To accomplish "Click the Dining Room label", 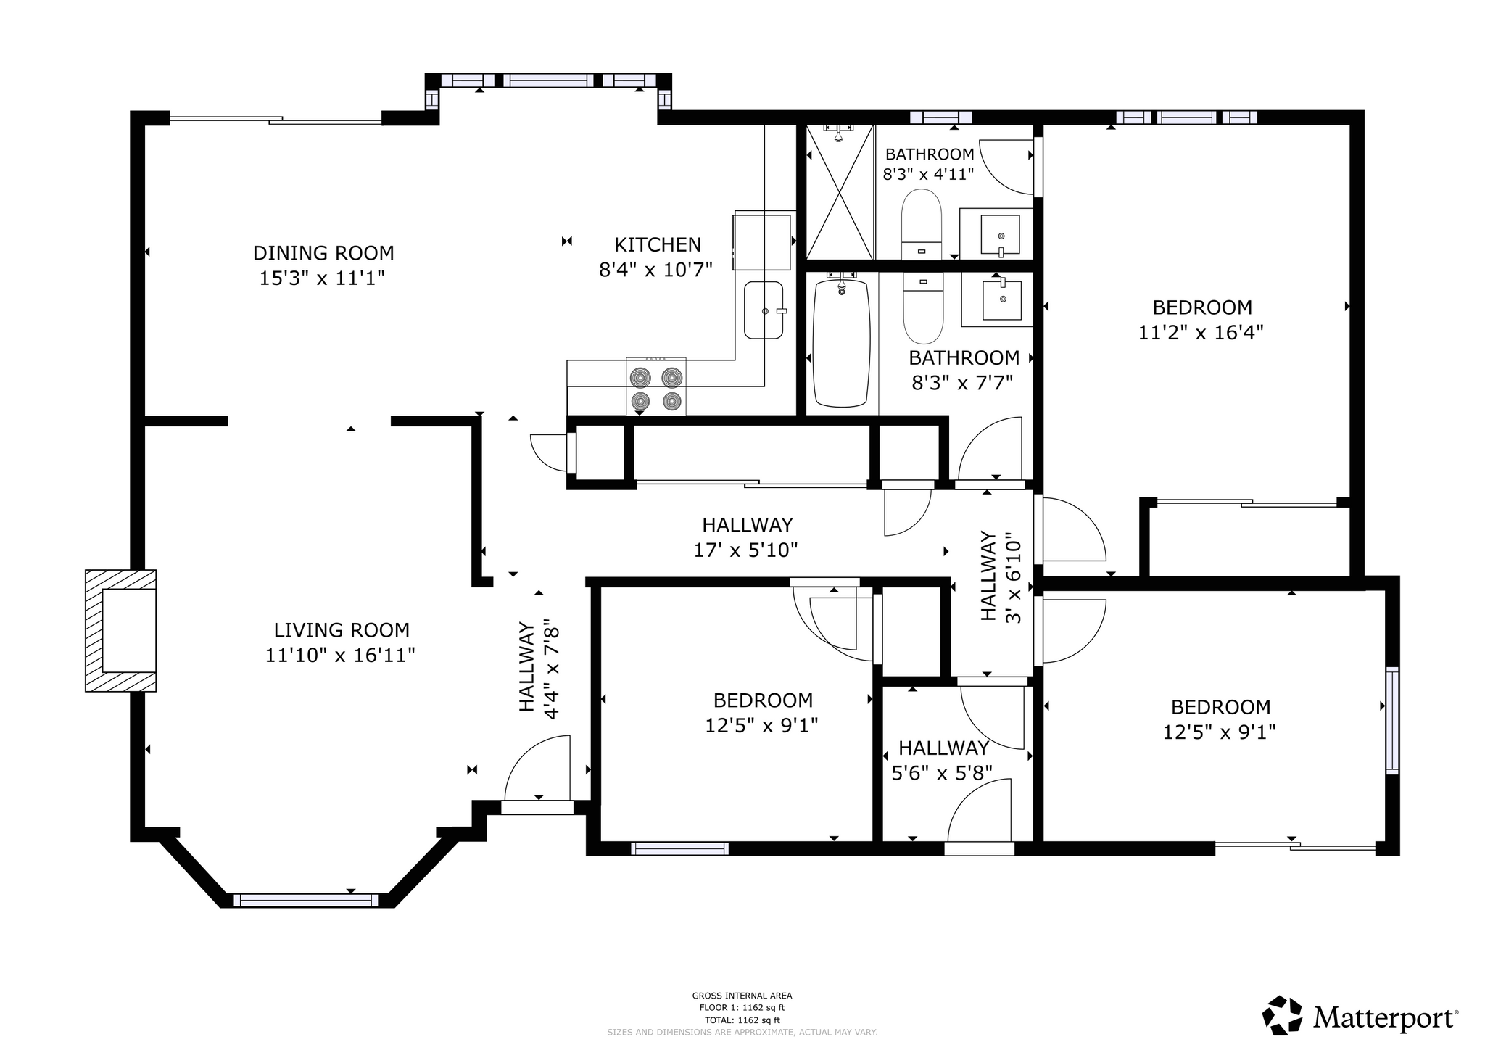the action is click(x=323, y=253).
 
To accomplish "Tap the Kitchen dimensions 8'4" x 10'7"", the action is click(x=655, y=270).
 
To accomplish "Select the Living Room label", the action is click(x=342, y=630).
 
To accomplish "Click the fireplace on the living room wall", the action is click(x=121, y=630).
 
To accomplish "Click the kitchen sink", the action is click(x=764, y=310).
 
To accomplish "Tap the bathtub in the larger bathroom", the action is click(x=841, y=342).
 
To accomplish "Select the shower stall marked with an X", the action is click(x=840, y=191).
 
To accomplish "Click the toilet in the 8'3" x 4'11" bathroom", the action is click(x=921, y=224).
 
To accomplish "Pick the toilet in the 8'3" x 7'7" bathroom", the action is click(x=923, y=308).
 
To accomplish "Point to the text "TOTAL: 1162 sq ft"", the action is click(x=742, y=1020).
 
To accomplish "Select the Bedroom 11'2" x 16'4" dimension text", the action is click(x=1201, y=333).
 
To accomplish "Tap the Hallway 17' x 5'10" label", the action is click(x=746, y=537).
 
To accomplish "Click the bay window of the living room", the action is click(x=305, y=901).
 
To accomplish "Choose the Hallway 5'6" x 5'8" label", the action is click(x=943, y=761).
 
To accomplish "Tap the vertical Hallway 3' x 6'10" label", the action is click(x=1000, y=577).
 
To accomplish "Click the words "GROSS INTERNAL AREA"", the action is click(x=742, y=996).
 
